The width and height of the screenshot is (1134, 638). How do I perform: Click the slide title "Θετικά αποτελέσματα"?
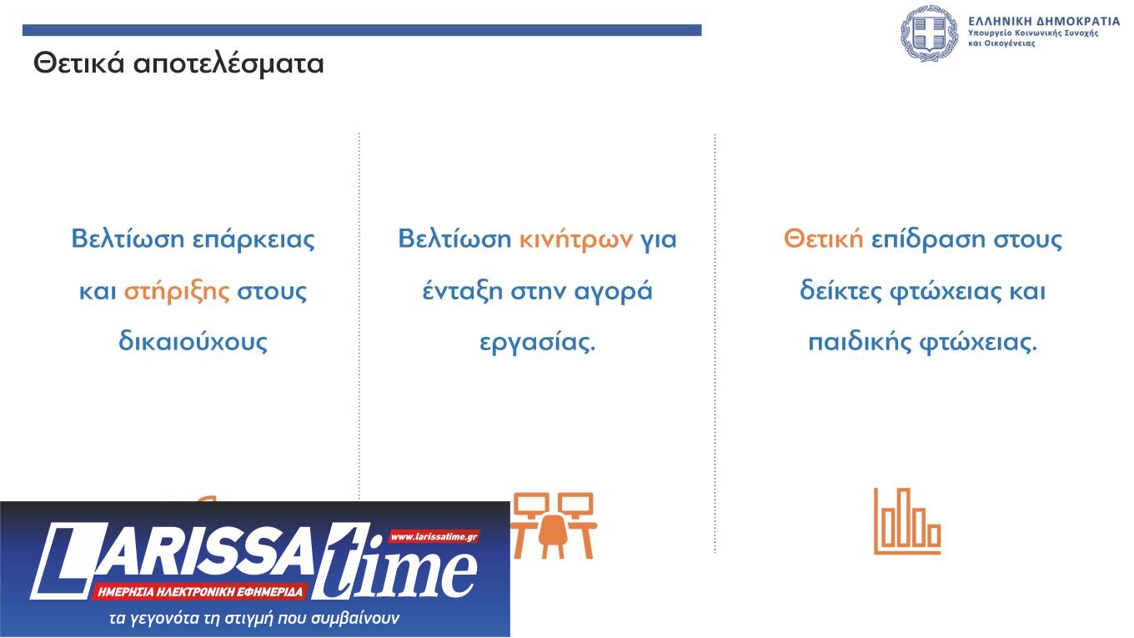[x=178, y=63]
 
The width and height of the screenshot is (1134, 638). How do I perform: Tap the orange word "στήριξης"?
[x=176, y=291]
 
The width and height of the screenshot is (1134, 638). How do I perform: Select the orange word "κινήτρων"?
[x=576, y=239]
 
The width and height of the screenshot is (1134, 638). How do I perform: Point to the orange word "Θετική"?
[x=823, y=239]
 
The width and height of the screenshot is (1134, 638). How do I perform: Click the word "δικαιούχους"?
[x=193, y=342]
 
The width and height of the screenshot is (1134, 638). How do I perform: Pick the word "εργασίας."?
[x=538, y=342]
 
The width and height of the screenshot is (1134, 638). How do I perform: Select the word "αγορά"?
[x=613, y=291]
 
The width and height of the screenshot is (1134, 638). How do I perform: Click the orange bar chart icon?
[x=906, y=521]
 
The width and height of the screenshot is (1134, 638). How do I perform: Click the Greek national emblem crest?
[x=929, y=34]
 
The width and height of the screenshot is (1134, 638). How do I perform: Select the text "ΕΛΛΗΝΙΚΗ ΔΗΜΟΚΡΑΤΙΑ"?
[x=1044, y=20]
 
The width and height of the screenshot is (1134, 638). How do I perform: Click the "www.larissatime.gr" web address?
[x=434, y=536]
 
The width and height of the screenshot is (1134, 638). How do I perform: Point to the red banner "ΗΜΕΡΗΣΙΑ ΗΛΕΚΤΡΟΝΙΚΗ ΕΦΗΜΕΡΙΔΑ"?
[x=201, y=592]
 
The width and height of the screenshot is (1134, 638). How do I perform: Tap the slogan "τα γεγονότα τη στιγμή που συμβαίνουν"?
[x=255, y=619]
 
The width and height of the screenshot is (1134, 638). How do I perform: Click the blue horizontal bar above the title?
[x=361, y=30]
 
